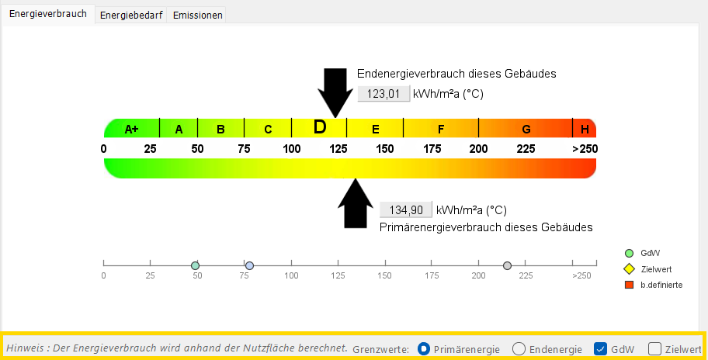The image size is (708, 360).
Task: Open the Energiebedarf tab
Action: [131, 15]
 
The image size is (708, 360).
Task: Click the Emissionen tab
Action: [197, 15]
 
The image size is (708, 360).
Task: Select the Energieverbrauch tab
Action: [48, 13]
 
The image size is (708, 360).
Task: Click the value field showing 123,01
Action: [383, 94]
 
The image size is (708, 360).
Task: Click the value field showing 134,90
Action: [406, 209]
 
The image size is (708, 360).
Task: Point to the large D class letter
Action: [320, 127]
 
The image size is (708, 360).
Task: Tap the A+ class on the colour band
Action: [131, 130]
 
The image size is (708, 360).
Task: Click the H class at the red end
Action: [585, 130]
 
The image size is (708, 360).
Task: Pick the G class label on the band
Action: [526, 130]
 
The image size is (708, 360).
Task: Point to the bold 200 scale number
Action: [479, 149]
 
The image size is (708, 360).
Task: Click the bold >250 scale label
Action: [585, 149]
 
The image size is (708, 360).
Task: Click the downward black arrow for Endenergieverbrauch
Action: [335, 93]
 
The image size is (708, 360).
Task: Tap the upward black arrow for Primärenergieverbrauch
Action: [356, 203]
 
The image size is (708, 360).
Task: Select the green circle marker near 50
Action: [195, 265]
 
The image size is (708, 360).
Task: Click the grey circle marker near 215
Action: [508, 265]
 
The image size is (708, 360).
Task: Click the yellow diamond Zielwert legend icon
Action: [629, 269]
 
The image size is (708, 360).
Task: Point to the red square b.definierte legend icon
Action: [629, 285]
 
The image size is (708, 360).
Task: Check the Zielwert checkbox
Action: [654, 348]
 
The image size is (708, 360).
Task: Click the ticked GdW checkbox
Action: [600, 348]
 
